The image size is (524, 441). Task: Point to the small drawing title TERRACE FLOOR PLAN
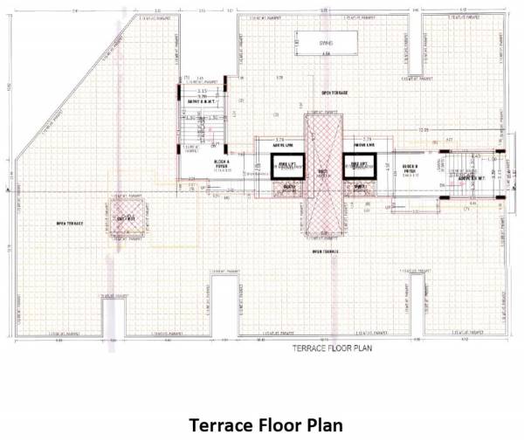(327, 347)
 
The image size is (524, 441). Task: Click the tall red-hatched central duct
(322, 175)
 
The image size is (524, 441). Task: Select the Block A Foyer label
(221, 166)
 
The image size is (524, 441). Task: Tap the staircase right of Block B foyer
(464, 175)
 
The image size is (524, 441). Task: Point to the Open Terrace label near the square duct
(69, 224)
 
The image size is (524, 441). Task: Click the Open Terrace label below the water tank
(334, 92)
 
